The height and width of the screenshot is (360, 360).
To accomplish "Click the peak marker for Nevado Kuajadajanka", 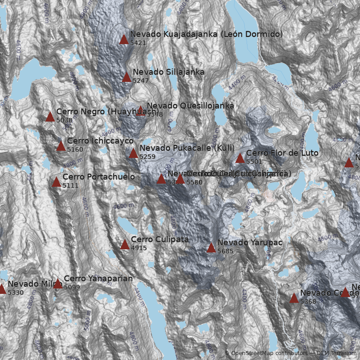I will point(124,39).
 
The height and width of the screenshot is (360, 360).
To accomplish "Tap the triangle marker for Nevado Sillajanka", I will point(127,77).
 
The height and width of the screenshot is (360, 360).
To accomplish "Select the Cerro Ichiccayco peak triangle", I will point(61,146).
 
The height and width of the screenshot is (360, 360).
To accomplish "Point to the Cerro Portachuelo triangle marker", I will point(57,182).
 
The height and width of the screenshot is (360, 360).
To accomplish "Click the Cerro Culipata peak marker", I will point(125,244).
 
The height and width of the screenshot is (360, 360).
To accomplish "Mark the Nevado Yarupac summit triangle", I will point(211,247).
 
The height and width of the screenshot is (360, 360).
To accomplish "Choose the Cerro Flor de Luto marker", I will point(240,158).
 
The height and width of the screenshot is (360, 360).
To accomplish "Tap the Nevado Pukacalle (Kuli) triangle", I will point(134,153).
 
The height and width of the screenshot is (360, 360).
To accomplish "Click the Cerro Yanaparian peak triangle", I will point(58,283).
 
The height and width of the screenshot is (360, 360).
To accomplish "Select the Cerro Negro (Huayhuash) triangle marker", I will point(50,117).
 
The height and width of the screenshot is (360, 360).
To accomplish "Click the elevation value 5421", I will point(138,43).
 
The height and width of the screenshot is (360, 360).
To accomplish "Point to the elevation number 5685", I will point(225,251).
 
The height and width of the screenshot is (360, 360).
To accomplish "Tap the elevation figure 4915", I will point(139,248).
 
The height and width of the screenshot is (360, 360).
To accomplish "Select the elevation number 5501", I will point(254,162).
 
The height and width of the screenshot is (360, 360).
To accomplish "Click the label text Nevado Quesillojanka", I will point(190,106).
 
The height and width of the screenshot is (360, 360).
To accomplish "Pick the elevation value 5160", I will point(75,149).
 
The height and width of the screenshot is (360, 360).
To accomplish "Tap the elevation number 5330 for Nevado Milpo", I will point(16,292).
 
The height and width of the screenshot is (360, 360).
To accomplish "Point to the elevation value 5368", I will point(308,301).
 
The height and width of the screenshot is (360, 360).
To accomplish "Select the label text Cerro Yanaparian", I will point(98,279).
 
